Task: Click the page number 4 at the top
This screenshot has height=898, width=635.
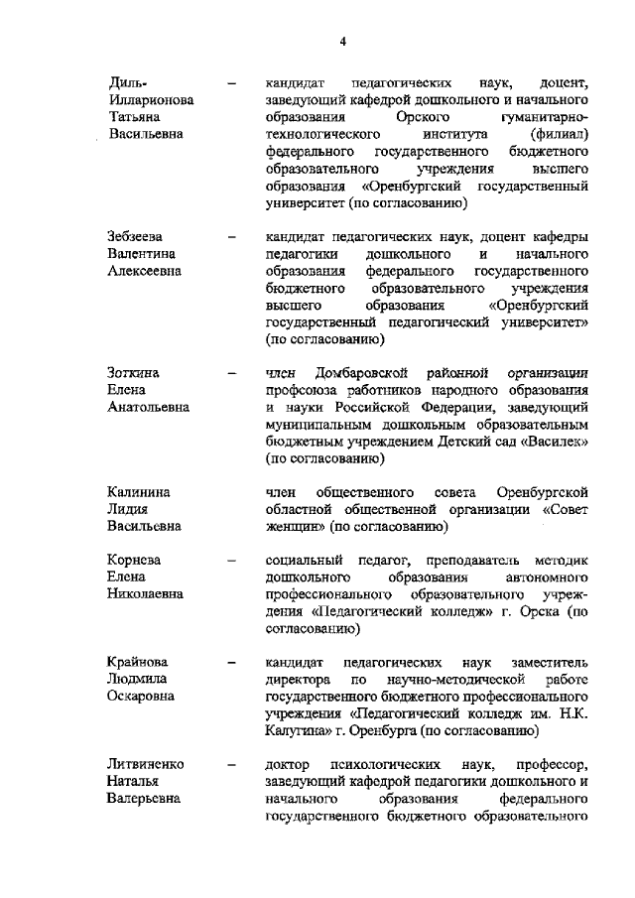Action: (342, 41)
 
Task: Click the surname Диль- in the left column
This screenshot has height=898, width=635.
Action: (126, 81)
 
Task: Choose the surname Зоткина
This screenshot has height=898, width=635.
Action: (133, 373)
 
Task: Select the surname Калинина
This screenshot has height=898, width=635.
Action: (138, 493)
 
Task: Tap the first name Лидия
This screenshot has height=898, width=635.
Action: (127, 510)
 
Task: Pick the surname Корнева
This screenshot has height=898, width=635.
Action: (135, 561)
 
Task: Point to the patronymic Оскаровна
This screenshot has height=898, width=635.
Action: (145, 697)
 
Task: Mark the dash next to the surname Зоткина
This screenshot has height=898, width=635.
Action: (232, 374)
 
